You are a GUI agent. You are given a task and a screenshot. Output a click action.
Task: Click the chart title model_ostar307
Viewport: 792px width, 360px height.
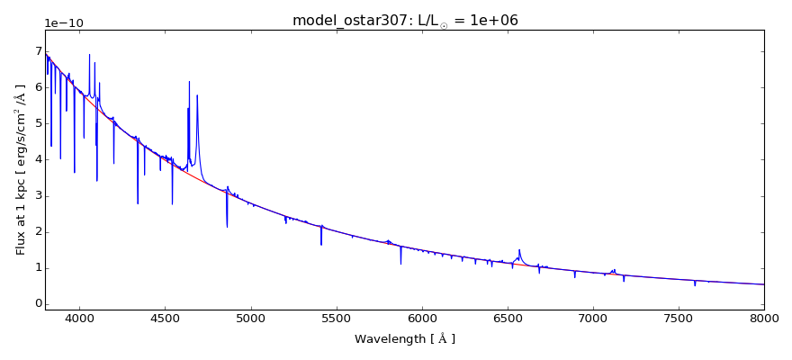[x=405, y=20]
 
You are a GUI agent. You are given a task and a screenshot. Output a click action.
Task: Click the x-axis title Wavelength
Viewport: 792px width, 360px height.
[x=405, y=339]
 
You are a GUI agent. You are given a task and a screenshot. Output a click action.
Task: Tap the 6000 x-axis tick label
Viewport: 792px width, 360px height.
[x=422, y=319]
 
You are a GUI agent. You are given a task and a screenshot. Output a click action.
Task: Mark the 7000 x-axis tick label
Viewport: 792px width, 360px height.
[x=593, y=319]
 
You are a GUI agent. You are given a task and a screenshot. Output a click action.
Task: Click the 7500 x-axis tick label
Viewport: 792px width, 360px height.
[x=679, y=319]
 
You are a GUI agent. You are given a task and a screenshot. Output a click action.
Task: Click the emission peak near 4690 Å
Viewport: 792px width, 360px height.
[x=197, y=95]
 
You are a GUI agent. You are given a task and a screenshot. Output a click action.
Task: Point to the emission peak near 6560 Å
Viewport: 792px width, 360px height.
[x=519, y=250]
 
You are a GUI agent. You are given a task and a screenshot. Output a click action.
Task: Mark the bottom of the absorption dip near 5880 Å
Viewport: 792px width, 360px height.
[x=401, y=264]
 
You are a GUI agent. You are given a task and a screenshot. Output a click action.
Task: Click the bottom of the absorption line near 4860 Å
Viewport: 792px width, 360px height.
[x=227, y=227]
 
